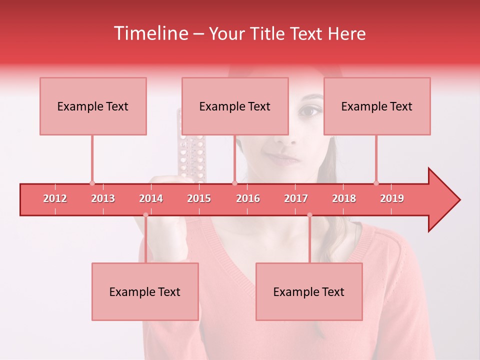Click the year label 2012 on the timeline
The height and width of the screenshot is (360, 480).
coord(55,198)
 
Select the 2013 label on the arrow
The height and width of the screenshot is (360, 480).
coord(103,198)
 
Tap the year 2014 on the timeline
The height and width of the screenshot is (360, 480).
coord(151,198)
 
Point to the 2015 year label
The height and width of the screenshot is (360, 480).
coord(199,198)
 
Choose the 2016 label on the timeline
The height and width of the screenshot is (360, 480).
coord(248,198)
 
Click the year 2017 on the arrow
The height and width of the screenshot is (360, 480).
coord(296,198)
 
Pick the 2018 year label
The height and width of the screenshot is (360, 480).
coord(344,198)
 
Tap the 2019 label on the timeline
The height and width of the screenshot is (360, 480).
coord(392,198)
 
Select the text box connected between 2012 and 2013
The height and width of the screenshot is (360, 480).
coord(93,106)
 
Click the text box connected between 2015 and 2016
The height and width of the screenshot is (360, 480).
coord(235,106)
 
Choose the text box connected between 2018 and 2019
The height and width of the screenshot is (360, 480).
coord(377,106)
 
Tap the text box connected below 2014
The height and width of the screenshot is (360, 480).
coord(145,291)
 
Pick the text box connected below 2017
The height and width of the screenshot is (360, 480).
coord(309,291)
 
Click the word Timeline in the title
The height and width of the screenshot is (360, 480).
coord(150,33)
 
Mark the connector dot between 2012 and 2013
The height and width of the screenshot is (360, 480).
coord(92,183)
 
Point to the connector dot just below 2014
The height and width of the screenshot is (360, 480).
coord(145,215)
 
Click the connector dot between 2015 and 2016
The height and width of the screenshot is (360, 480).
coord(234,183)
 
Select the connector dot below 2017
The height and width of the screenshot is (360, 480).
coord(309,215)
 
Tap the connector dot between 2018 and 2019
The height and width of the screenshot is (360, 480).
coord(376,183)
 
